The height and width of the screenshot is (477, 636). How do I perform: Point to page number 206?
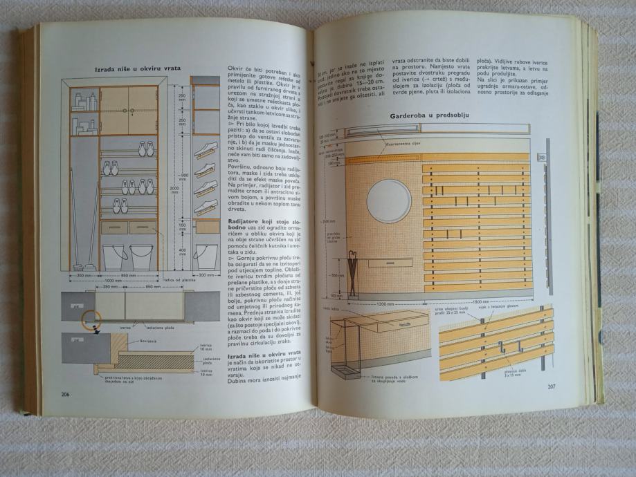point(66,394)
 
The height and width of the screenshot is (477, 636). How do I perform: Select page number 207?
point(552,386)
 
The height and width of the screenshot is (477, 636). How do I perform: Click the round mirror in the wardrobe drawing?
point(388,200)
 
